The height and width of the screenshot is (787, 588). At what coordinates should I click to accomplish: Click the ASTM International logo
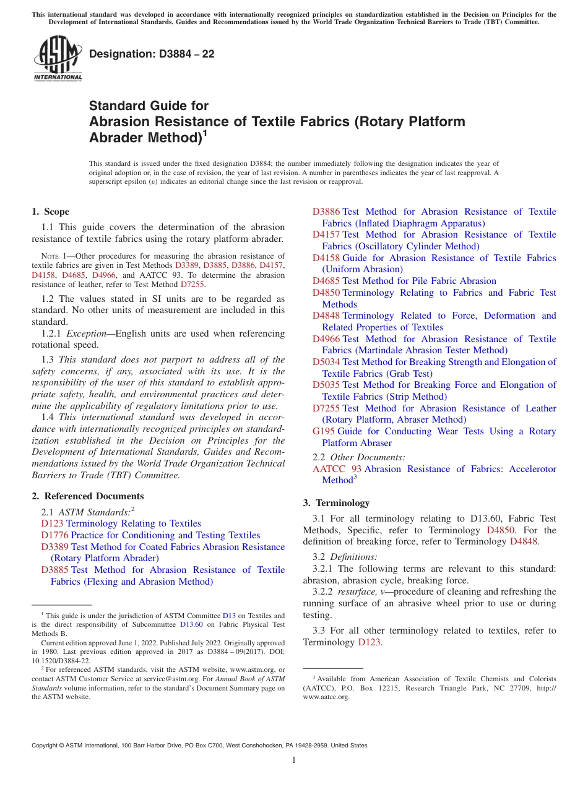tap(58, 59)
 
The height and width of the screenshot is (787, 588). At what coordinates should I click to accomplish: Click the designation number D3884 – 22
tap(152, 54)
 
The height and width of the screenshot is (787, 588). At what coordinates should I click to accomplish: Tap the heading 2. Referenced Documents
tap(88, 496)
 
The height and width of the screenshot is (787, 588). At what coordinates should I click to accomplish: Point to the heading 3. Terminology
tap(336, 502)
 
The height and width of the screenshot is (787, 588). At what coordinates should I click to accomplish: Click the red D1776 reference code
tap(54, 535)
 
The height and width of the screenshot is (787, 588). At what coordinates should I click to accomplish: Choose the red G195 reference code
tap(324, 431)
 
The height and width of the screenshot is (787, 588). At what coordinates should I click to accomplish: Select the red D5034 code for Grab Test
tap(326, 362)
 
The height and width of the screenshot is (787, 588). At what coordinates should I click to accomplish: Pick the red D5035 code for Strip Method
tap(326, 385)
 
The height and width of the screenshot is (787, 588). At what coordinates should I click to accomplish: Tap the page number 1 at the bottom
tap(294, 760)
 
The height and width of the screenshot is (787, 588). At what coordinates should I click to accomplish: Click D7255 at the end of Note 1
tap(192, 285)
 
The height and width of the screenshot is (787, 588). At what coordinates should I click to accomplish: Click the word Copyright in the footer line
tap(46, 746)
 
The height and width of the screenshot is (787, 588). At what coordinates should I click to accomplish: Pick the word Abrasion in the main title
tap(117, 121)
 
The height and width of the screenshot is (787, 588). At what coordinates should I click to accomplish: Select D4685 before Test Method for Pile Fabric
tap(326, 281)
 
